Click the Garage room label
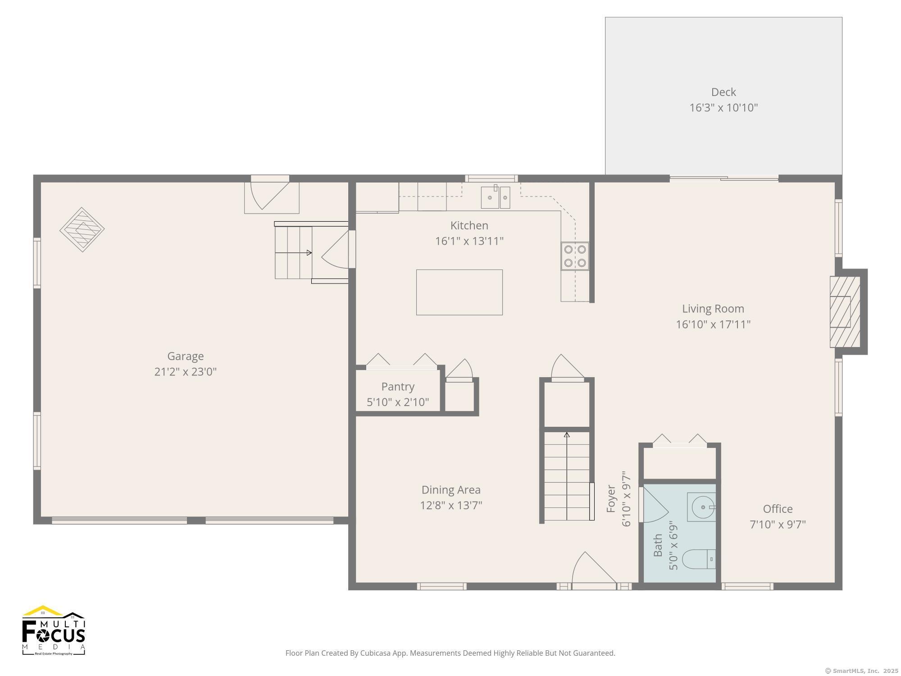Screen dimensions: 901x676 (185, 356)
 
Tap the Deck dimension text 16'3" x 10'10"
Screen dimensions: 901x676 (724, 108)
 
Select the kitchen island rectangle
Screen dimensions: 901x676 (459, 292)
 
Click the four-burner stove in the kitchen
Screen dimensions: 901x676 (575, 256)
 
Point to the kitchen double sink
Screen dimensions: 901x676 (496, 197)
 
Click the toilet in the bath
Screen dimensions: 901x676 (699, 559)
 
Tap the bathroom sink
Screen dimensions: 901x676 (701, 507)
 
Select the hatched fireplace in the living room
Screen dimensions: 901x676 (845, 311)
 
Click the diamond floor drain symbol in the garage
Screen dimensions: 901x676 (82, 229)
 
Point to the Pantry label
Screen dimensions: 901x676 (398, 387)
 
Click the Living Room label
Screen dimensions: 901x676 (713, 309)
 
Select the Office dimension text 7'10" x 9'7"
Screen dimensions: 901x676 (778, 525)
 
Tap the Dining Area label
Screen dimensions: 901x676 (451, 490)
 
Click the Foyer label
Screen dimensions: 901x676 (611, 499)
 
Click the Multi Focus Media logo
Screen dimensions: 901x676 (54, 630)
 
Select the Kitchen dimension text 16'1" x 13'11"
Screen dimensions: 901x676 (469, 241)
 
